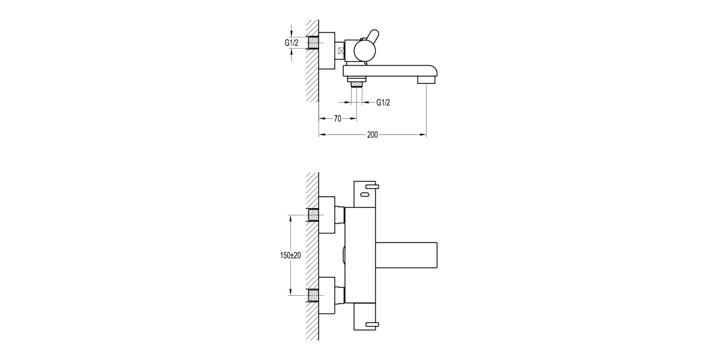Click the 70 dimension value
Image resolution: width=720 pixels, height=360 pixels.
pos(337,119)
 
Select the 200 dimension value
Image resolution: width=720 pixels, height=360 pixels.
pos(372,135)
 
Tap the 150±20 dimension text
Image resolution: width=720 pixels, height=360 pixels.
pos(290,256)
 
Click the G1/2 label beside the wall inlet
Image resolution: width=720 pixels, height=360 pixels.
pos(292,43)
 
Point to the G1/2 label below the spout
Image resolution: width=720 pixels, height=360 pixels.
pos(383,103)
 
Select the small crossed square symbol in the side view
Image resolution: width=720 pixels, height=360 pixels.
pos(341,52)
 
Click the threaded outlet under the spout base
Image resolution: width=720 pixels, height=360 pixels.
pos(358,83)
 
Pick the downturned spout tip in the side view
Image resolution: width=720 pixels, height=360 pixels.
pos(428,78)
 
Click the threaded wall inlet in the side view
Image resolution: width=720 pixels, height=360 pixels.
pos(312,43)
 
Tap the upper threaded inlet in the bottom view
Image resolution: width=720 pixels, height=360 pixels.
pos(313,214)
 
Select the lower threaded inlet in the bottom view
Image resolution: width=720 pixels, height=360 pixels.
pos(313,295)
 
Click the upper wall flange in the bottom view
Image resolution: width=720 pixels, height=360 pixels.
pos(328,215)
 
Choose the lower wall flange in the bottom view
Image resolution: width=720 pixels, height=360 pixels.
pos(328,295)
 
